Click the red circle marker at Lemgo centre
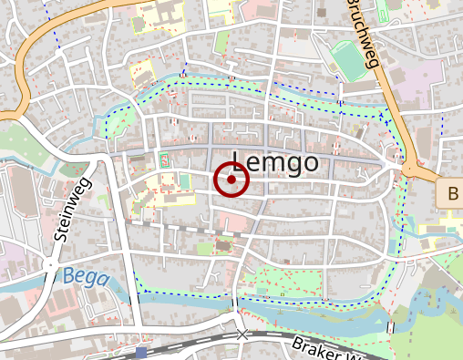coord(231,180)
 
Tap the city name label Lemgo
coord(275,163)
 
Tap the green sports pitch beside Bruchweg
coord(347,58)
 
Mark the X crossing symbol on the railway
coord(242,335)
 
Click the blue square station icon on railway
coord(140,352)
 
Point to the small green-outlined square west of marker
coord(165,160)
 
